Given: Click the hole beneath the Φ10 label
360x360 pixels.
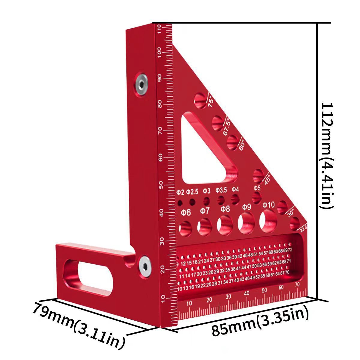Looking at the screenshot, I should click(x=268, y=221).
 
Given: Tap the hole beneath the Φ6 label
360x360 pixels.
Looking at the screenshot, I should click(x=186, y=228).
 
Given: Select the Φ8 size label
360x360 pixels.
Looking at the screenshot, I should click(x=225, y=209).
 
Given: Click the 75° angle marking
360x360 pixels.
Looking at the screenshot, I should click(x=210, y=101).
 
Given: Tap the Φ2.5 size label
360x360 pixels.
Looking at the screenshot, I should click(x=192, y=191).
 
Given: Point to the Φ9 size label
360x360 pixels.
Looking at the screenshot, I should click(x=246, y=207).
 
